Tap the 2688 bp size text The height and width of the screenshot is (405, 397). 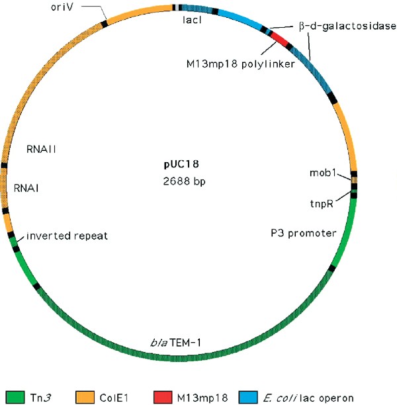click(181, 180)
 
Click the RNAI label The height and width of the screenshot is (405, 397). click(26, 188)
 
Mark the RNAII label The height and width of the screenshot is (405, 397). click(41, 149)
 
